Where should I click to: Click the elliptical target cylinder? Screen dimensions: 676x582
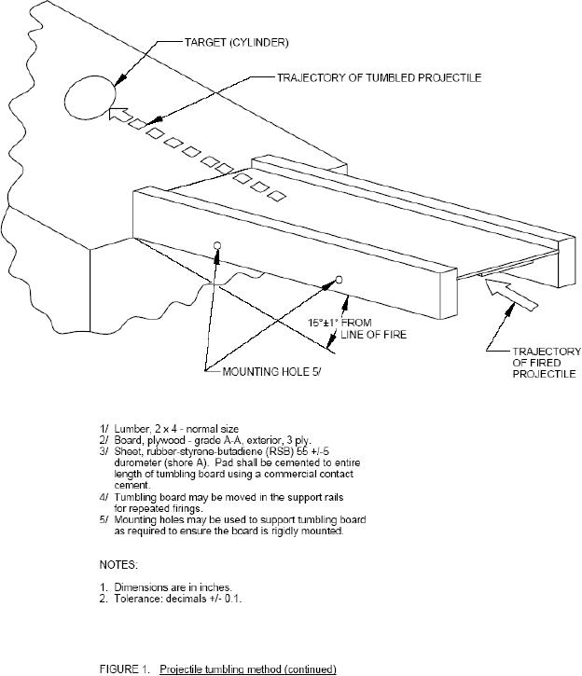coord(90,96)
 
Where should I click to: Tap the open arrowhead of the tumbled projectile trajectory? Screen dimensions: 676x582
coord(118,116)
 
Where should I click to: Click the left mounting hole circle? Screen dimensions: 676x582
coord(217,245)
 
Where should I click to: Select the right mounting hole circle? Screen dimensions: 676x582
coord(339,279)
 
